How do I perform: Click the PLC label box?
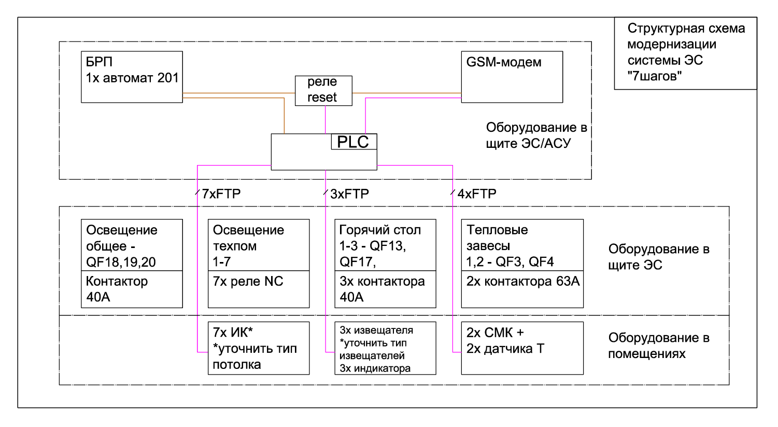(x=353, y=142)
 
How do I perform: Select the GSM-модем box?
(x=512, y=77)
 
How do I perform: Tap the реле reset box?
(x=323, y=90)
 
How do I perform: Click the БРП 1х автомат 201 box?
(x=132, y=76)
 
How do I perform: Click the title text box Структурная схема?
(x=685, y=53)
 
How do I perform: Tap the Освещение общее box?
(x=132, y=246)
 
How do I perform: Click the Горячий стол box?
(x=385, y=246)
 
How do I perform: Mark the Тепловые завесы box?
(x=522, y=246)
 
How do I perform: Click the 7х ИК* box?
(x=259, y=348)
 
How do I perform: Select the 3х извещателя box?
(x=385, y=348)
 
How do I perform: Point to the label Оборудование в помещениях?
(x=659, y=346)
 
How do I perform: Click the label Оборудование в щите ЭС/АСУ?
(x=536, y=135)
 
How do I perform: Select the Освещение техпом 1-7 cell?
(x=259, y=246)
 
